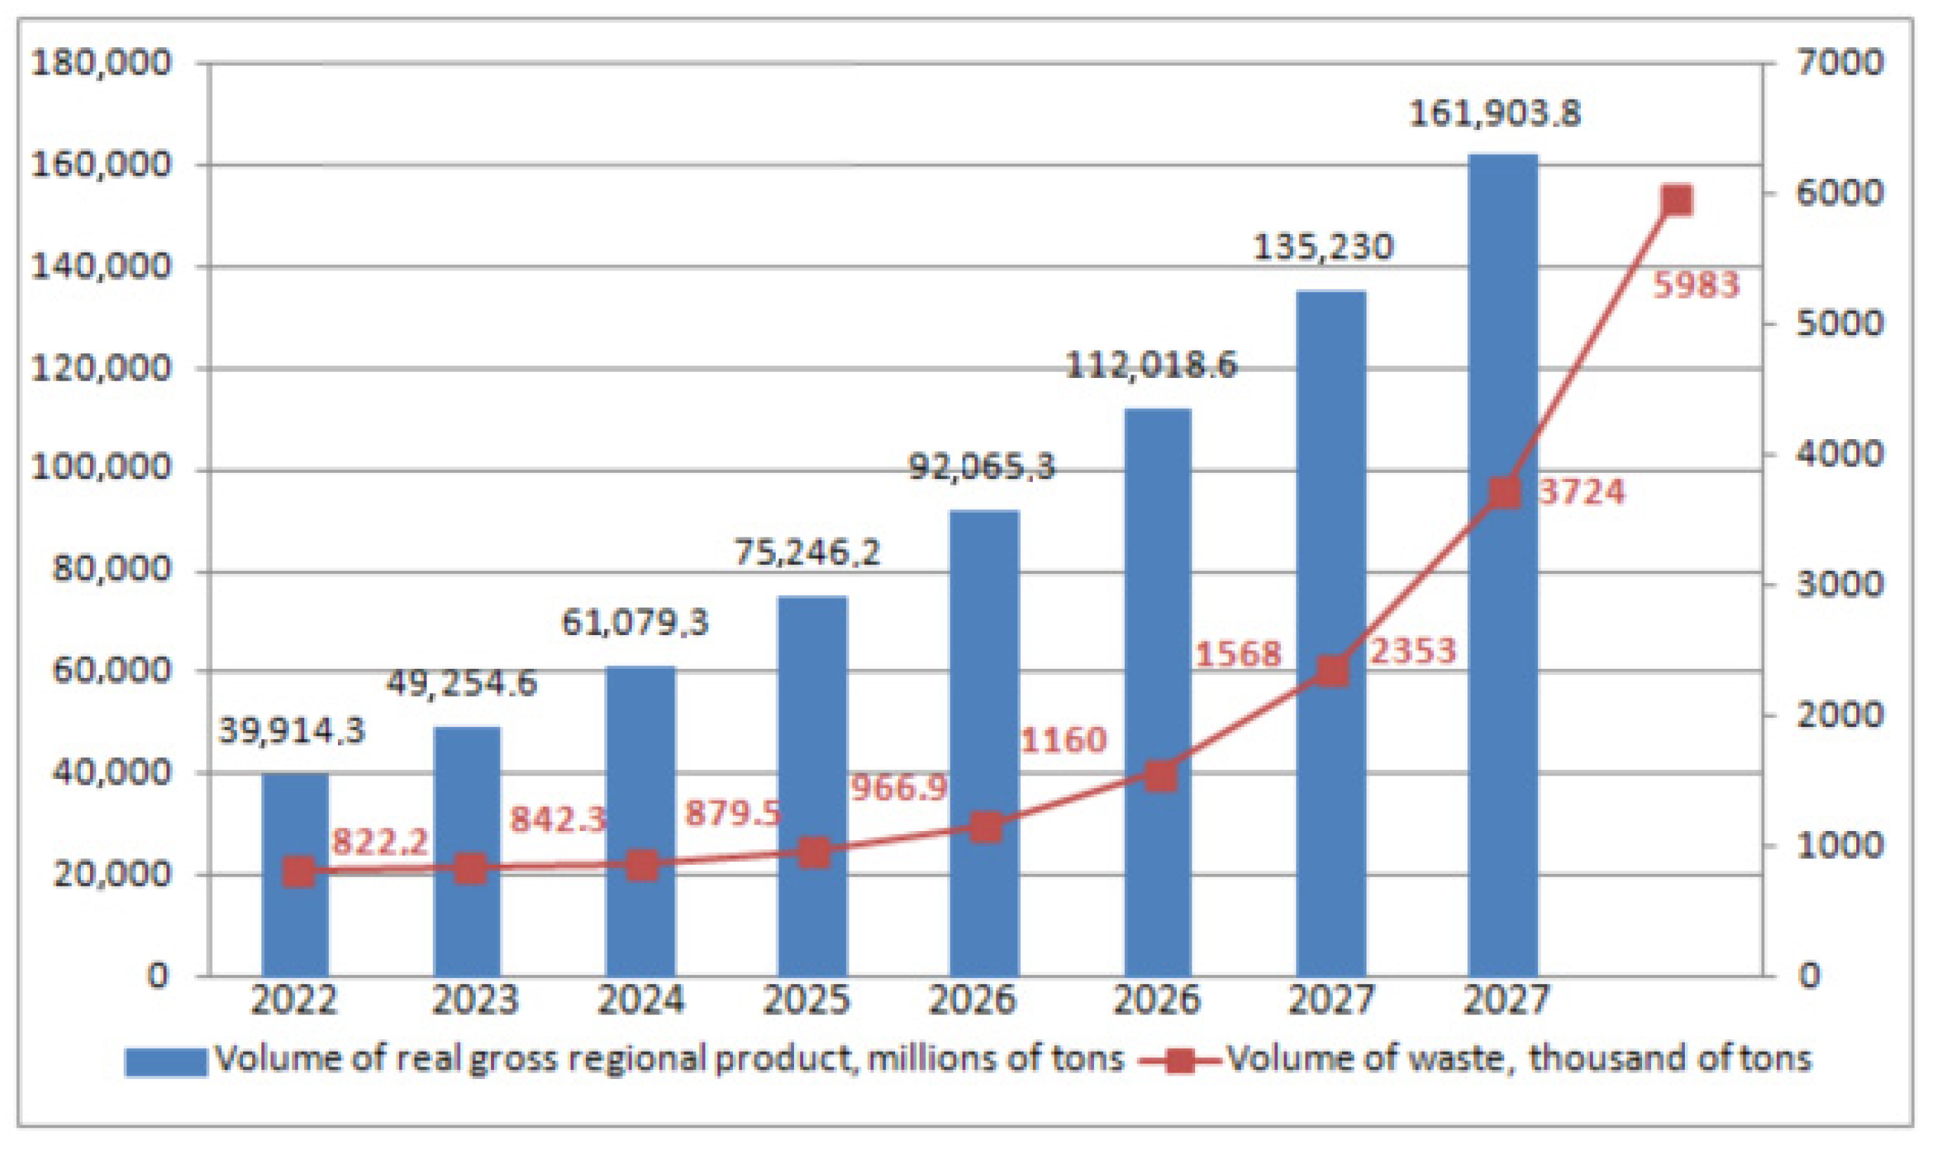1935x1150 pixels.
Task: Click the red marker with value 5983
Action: coord(1677,200)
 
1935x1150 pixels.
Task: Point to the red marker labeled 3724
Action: coord(1505,493)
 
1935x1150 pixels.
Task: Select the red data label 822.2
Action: coord(379,842)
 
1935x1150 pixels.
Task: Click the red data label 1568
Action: coord(1238,655)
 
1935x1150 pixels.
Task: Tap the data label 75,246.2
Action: coord(807,553)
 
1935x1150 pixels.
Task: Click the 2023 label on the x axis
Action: coord(474,1000)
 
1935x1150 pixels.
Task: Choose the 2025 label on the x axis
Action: coord(807,1000)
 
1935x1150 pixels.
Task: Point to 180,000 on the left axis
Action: coord(100,63)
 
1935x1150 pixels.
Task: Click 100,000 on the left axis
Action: coord(100,469)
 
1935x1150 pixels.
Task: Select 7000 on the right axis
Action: coord(1839,63)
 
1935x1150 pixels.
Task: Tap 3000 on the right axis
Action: coord(1839,584)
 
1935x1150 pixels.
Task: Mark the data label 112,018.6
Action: coord(1152,365)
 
